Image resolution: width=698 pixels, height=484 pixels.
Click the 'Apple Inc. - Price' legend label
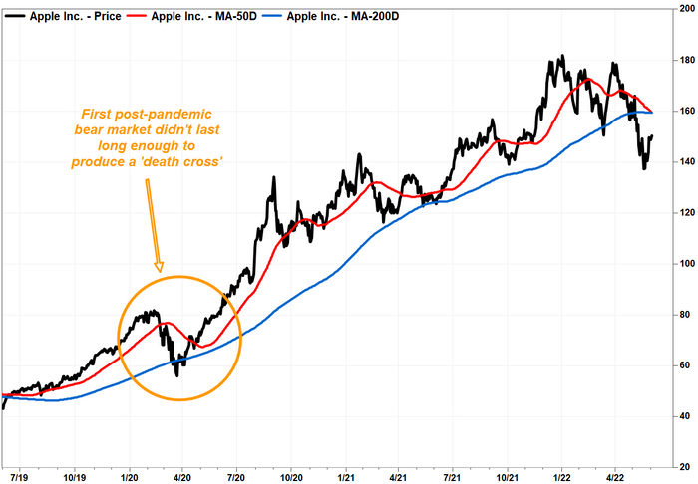tap(75, 17)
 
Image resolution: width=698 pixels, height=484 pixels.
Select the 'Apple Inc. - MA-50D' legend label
tap(203, 17)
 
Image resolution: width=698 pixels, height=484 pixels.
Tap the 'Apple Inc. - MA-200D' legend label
tap(343, 17)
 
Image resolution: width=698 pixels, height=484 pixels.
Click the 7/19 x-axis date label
tap(19, 477)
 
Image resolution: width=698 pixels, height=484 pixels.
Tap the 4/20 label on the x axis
tap(181, 477)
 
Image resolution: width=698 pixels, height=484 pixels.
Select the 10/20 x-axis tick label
tap(291, 477)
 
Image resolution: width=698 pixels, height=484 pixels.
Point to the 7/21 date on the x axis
tap(453, 477)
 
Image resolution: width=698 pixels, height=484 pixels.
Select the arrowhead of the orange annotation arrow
tap(159, 267)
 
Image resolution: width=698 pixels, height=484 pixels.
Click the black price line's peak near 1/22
tap(563, 55)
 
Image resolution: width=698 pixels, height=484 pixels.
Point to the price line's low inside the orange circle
tap(177, 376)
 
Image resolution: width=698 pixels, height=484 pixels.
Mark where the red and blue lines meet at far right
tap(652, 112)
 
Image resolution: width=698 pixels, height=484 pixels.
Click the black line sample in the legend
tap(15, 17)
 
